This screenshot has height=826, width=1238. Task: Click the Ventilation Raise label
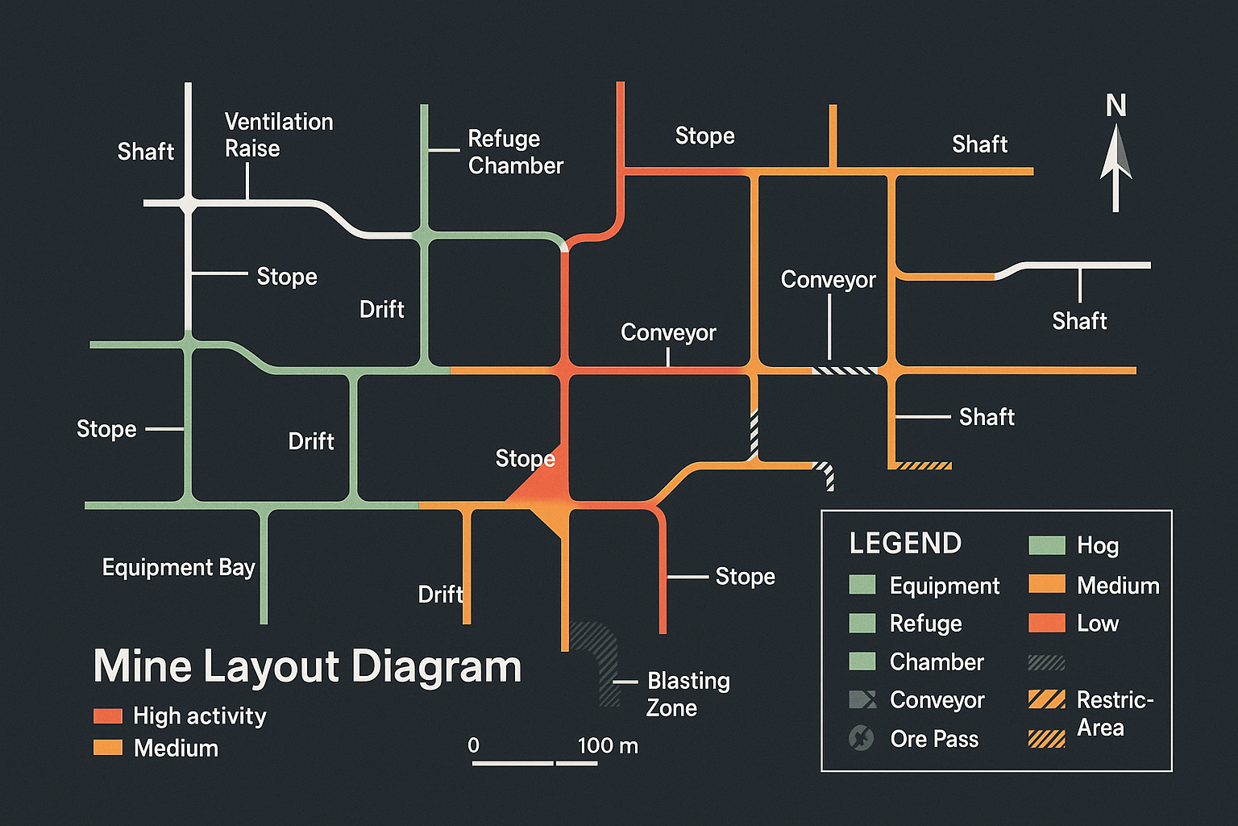coord(278,135)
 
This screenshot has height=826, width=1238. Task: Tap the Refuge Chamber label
coord(515,152)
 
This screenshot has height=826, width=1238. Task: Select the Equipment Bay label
coord(178,567)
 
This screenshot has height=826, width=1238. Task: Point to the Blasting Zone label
coord(688,694)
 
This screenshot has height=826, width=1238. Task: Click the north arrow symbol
coord(1115,169)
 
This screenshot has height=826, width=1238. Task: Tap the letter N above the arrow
coord(1115,106)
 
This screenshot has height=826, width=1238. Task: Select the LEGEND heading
coord(905,544)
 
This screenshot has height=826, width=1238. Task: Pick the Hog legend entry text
coord(1097,545)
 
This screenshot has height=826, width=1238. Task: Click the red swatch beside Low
coord(1046,623)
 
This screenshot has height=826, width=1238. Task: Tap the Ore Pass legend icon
coord(862,738)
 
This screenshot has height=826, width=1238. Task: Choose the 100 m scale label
coord(608,745)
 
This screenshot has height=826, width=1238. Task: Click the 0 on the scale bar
coord(473,745)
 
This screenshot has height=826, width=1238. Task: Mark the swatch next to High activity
coord(108,715)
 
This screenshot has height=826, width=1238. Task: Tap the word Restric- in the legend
coord(1115,699)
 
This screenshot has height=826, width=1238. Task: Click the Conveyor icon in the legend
coord(862,699)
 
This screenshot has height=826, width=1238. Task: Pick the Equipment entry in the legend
coord(944,586)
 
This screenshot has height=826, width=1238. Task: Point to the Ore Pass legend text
coord(934,739)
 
